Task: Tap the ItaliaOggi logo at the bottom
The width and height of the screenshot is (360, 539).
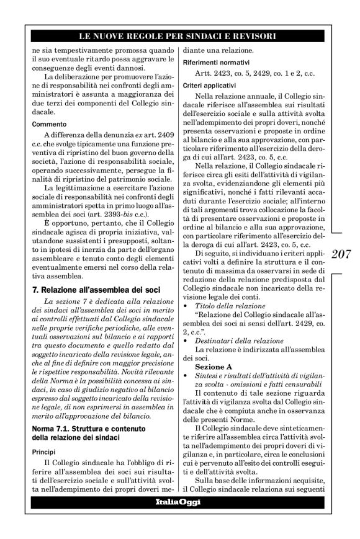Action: pos(179,502)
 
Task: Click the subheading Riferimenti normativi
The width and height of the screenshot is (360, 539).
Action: pos(215,63)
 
